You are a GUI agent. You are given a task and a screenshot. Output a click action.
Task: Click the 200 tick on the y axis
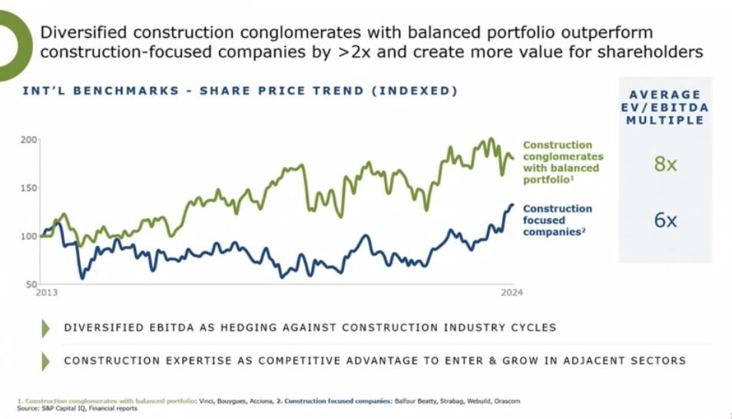pyautogui.click(x=29, y=140)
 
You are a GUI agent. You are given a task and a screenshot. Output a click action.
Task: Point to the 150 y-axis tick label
pyautogui.click(x=29, y=188)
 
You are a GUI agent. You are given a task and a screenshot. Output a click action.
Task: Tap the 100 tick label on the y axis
pyautogui.click(x=29, y=236)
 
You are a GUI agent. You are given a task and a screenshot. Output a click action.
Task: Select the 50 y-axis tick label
pyautogui.click(x=31, y=284)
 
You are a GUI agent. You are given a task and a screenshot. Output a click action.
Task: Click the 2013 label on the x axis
pyautogui.click(x=47, y=293)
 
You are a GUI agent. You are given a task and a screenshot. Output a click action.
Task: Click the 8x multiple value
pyautogui.click(x=665, y=164)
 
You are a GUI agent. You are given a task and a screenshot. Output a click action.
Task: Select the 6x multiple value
pyautogui.click(x=665, y=221)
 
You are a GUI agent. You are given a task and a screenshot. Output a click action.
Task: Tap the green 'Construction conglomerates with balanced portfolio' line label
pyautogui.click(x=562, y=161)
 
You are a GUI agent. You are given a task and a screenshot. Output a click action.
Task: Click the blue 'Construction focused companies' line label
pyautogui.click(x=557, y=220)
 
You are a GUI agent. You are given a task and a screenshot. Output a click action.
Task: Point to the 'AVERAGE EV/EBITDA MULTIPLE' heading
pyautogui.click(x=665, y=108)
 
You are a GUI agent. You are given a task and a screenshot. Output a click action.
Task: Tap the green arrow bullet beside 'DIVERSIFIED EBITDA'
pyautogui.click(x=46, y=328)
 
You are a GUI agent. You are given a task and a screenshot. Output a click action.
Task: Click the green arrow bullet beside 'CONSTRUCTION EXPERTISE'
pyautogui.click(x=46, y=361)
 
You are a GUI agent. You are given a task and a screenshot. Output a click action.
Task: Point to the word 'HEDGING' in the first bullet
pyautogui.click(x=268, y=328)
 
